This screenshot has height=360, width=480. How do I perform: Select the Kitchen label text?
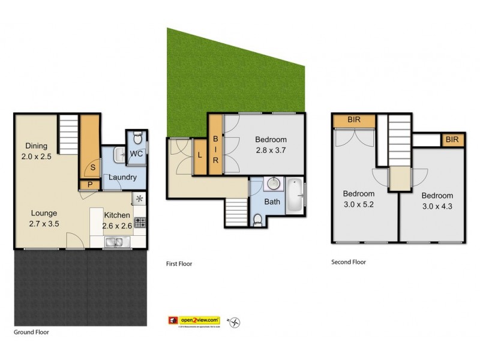(117, 215)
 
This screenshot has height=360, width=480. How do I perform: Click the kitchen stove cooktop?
(139, 223)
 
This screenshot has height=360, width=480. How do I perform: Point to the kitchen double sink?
(113, 242)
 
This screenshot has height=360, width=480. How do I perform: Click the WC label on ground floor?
(136, 154)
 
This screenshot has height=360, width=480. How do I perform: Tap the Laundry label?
(122, 178)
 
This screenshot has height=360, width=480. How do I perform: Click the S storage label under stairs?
(92, 168)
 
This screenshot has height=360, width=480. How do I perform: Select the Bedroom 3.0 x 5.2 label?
(358, 199)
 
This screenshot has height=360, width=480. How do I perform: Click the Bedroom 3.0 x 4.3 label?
(437, 200)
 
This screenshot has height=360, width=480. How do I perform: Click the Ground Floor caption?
(31, 332)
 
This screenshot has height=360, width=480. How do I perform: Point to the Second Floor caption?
(349, 262)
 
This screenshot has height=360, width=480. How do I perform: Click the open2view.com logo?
(194, 321)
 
